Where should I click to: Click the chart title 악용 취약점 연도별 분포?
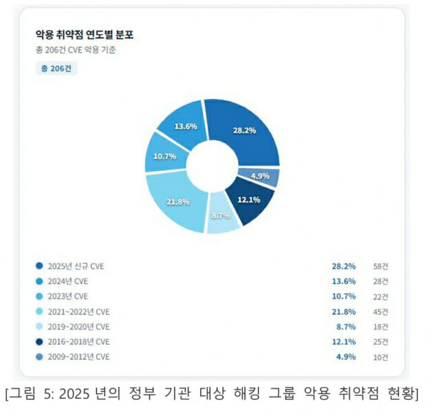(85, 35)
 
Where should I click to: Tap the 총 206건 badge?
(56, 69)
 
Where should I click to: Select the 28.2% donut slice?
(244, 130)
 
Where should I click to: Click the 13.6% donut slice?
(186, 127)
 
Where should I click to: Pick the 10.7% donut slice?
(165, 156)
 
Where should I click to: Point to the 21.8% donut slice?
(178, 201)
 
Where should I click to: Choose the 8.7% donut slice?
(222, 216)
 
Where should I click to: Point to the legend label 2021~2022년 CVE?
(78, 311)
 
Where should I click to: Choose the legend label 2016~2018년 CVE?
(78, 341)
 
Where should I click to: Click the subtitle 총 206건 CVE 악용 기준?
(75, 50)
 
